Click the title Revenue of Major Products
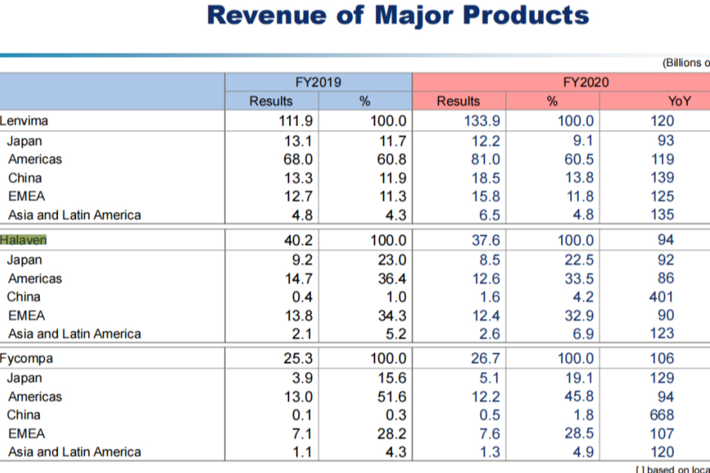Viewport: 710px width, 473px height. click(398, 16)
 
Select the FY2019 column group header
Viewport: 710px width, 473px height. click(318, 83)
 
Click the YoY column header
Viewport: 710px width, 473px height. click(679, 101)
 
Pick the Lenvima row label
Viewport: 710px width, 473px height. click(24, 121)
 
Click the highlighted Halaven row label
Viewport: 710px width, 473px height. click(24, 239)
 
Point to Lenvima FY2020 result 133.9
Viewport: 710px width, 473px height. click(480, 121)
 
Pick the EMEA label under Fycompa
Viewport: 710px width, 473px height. click(26, 433)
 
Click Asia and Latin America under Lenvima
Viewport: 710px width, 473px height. click(74, 215)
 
